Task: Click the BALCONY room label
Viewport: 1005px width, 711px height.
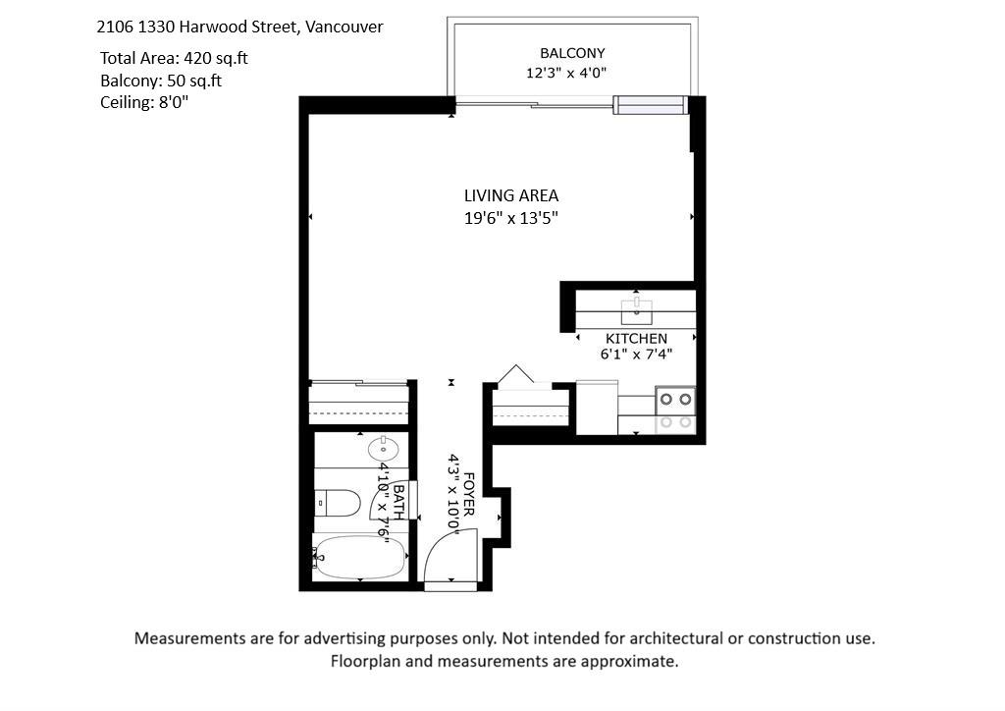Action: pyautogui.click(x=572, y=53)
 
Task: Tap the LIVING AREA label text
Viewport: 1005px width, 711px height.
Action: pyautogui.click(x=510, y=195)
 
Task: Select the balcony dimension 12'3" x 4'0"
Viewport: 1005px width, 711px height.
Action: pyautogui.click(x=566, y=73)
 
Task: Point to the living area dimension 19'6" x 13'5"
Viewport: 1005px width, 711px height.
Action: pyautogui.click(x=510, y=218)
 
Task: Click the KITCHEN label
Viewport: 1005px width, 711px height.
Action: pyautogui.click(x=636, y=339)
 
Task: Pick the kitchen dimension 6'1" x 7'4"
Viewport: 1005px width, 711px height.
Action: pyautogui.click(x=636, y=354)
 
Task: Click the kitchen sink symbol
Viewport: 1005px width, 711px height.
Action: pyautogui.click(x=636, y=311)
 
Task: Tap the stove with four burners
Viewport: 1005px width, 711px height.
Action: pyautogui.click(x=675, y=410)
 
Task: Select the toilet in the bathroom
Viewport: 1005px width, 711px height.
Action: pyautogui.click(x=339, y=503)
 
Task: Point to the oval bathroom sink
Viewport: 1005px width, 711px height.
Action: pyautogui.click(x=384, y=448)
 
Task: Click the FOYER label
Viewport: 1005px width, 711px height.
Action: pyautogui.click(x=468, y=494)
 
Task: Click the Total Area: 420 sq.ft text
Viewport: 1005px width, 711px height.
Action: pyautogui.click(x=174, y=58)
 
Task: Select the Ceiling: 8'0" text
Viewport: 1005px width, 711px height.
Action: pyautogui.click(x=144, y=102)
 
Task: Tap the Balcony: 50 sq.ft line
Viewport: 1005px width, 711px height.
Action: pyautogui.click(x=161, y=81)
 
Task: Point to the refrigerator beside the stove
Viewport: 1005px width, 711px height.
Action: pyautogui.click(x=597, y=408)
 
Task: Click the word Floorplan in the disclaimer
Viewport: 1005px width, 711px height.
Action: pyautogui.click(x=365, y=661)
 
